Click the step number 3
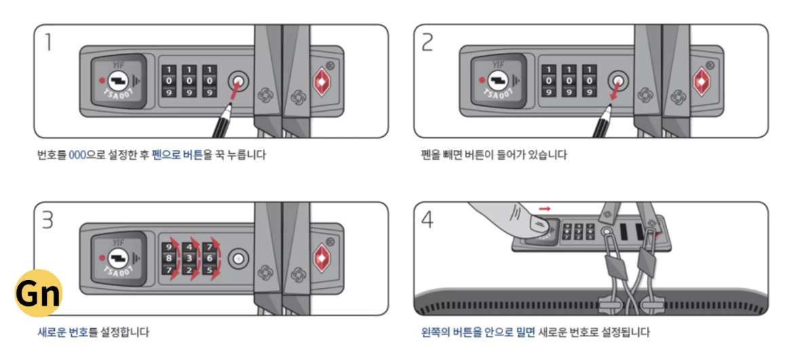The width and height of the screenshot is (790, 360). coord(48,220)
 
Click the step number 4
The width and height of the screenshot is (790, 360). coord(428,220)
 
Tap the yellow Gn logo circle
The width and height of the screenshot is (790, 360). coord(39,294)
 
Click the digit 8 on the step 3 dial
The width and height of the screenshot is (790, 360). coord(169,258)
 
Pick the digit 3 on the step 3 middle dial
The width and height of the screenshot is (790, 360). coord(190,258)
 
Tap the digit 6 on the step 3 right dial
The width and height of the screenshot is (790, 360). coord(210,258)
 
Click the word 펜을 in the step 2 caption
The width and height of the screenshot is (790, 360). coord(430,155)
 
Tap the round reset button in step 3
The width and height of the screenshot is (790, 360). coord(238,258)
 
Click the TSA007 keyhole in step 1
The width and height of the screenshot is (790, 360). coord(117,82)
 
